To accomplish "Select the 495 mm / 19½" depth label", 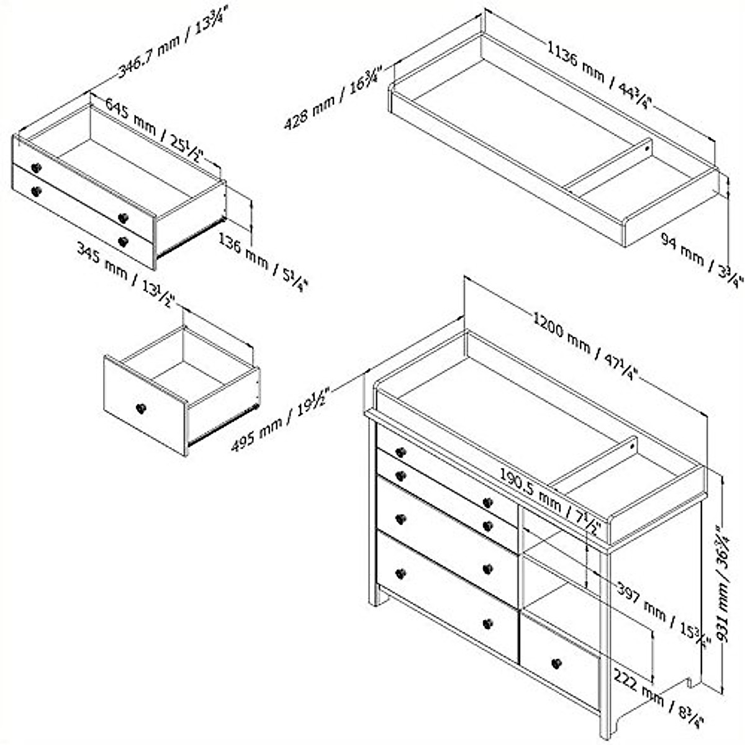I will [x=280, y=418].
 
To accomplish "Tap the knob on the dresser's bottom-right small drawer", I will [x=556, y=663].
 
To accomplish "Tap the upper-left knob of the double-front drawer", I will [x=35, y=168].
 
